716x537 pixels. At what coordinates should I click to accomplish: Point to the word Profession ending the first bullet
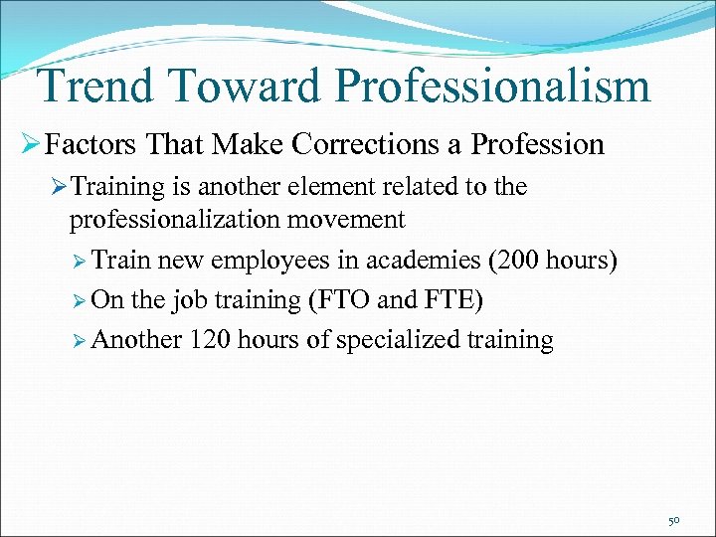point(537,145)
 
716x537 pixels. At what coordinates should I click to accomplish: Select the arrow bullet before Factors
point(30,145)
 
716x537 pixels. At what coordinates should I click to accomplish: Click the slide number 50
point(674,520)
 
